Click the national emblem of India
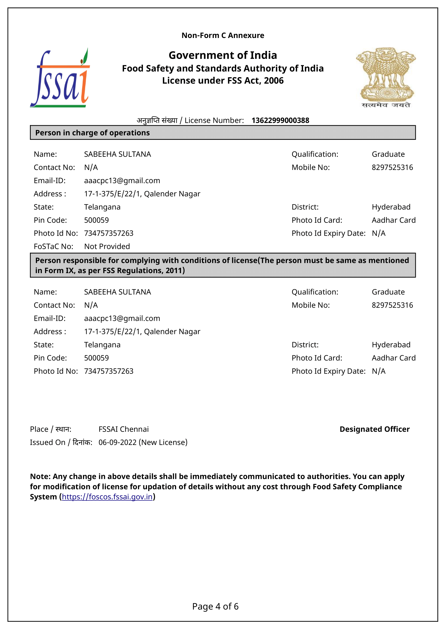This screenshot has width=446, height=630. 386,74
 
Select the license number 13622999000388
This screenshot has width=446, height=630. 280,120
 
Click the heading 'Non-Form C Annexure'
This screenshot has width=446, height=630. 223,35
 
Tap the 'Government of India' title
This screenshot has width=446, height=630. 223,55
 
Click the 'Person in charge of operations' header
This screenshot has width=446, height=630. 92,133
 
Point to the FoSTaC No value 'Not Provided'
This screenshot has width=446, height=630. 107,246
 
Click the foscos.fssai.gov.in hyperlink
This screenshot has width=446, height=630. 107,497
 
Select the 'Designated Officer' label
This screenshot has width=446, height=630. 374,429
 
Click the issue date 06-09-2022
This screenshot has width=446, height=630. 118,442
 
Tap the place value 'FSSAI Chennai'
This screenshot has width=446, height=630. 123,429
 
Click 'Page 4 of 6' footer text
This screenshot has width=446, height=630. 215,606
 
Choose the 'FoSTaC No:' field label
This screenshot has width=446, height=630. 54,246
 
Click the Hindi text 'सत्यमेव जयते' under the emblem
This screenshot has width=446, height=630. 386,105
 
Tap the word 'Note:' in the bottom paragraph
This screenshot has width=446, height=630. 40,476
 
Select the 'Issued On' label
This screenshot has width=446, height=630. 47,442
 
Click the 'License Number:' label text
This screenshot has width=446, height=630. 214,120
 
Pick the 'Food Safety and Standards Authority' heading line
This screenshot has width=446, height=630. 223,68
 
